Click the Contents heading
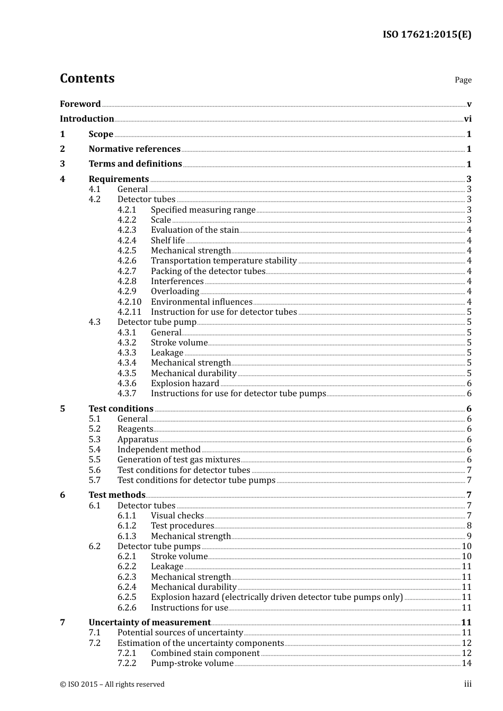87,78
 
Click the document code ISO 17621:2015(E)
427,35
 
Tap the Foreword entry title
80,104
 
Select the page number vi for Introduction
468,119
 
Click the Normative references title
134,149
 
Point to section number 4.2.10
129,302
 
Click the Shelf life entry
168,241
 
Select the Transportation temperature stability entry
223,261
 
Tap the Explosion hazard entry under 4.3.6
185,384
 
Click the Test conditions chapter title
121,409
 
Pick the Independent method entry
159,450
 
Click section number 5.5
94,460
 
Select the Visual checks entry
177,516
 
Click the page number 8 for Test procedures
469,526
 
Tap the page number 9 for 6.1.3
469,536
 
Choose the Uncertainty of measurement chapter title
149,623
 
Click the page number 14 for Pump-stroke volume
466,663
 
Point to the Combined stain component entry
205,653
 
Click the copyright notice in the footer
112,685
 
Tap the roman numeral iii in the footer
468,684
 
